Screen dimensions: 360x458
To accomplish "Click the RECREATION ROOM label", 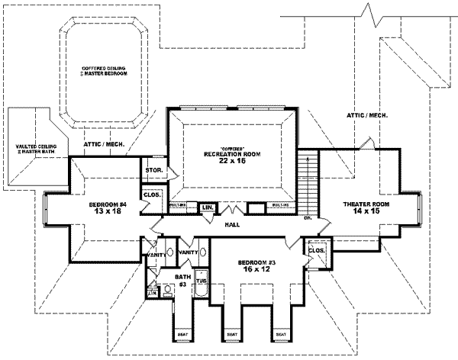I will click(x=232, y=154).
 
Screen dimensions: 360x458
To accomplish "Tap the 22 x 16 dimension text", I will click(x=232, y=162).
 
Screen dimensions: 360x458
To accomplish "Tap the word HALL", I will click(x=232, y=224).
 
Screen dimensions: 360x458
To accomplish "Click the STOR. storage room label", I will click(x=151, y=171).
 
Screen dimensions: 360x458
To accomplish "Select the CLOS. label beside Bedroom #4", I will click(x=151, y=195).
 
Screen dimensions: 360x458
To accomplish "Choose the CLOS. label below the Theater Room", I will click(x=314, y=249).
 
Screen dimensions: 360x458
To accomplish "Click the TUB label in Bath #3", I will click(x=202, y=281).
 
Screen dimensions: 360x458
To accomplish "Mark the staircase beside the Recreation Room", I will click(x=307, y=183).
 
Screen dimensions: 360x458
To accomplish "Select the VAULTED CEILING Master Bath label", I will click(x=30, y=149).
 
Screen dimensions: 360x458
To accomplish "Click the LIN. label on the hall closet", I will click(x=206, y=207).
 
